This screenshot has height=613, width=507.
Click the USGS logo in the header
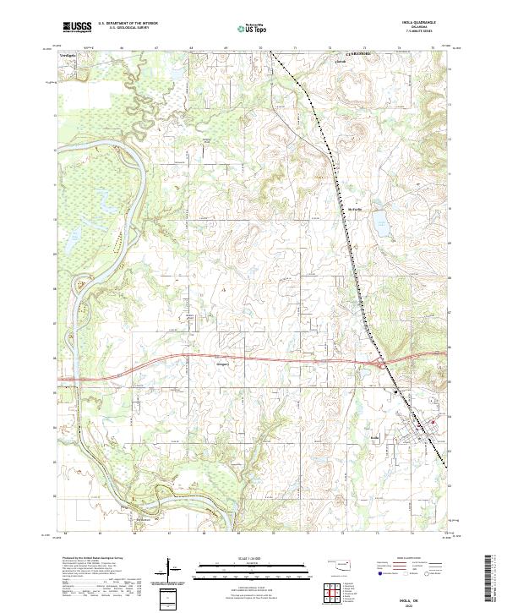point(77,27)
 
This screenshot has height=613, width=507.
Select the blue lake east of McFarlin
point(382,226)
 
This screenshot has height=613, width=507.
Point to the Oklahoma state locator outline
point(339,564)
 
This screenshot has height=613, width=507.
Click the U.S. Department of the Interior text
point(128,24)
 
